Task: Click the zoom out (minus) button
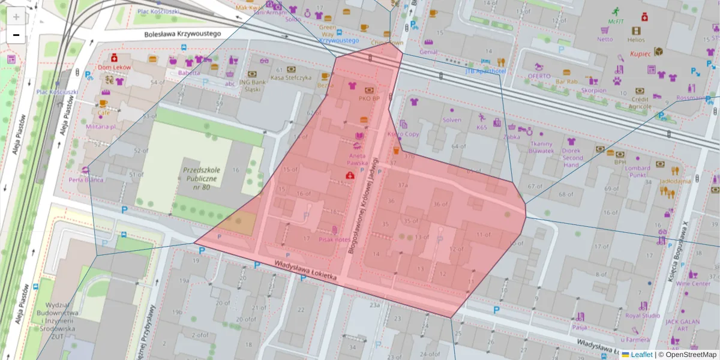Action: click(x=16, y=35)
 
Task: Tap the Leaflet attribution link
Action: click(x=641, y=355)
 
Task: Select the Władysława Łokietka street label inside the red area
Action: click(x=307, y=271)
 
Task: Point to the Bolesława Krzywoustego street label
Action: click(x=183, y=34)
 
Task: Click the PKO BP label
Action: click(x=369, y=98)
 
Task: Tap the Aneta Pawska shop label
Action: click(x=357, y=160)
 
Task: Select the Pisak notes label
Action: click(x=334, y=239)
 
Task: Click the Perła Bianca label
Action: click(x=86, y=179)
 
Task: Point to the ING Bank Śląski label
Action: click(x=253, y=86)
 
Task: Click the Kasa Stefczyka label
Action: click(x=291, y=77)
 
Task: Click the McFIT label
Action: click(x=616, y=21)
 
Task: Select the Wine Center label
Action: click(x=693, y=283)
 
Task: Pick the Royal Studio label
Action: click(x=643, y=315)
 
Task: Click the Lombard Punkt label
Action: click(x=637, y=172)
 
